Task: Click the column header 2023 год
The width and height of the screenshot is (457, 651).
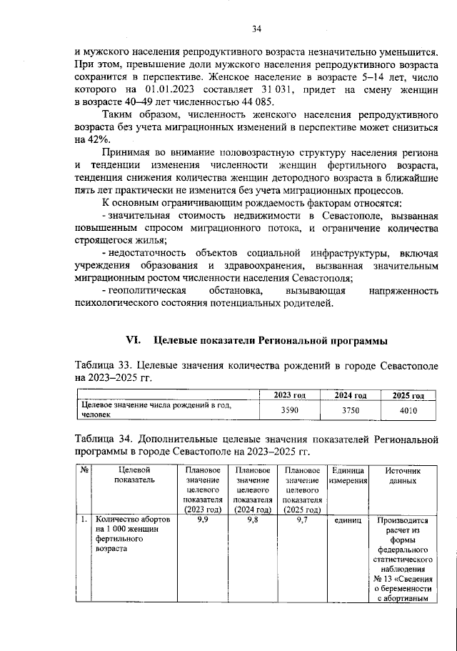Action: click(290, 395)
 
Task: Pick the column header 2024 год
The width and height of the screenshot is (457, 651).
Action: click(351, 395)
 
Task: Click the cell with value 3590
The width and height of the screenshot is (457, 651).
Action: click(289, 410)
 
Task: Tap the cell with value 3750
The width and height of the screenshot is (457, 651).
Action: click(351, 410)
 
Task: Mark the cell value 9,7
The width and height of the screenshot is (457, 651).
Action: click(302, 520)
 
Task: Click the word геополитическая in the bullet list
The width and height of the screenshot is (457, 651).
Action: click(149, 292)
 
